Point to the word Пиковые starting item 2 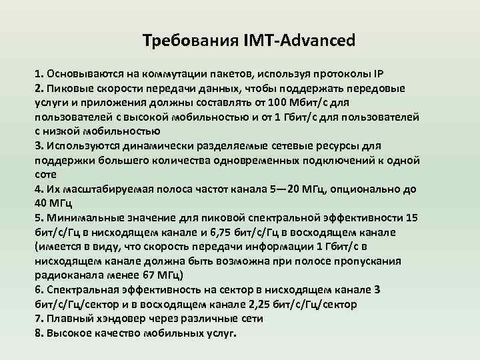click(65, 88)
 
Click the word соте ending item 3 click(46, 175)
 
